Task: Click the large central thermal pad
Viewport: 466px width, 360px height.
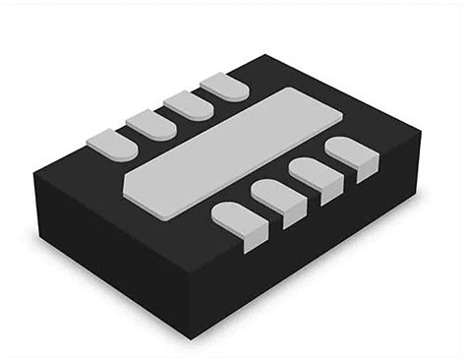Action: [221, 148]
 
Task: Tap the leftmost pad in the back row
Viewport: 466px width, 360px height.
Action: [111, 145]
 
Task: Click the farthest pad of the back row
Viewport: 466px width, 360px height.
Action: [222, 89]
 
